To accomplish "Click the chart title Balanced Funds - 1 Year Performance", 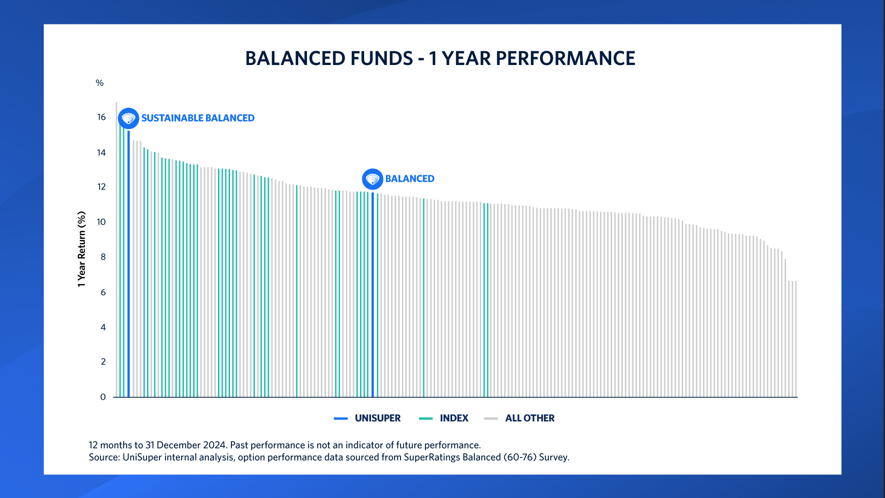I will (440, 59).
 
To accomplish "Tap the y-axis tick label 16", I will (101, 117).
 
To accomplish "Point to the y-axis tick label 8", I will (103, 257).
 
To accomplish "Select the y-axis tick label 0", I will (103, 397).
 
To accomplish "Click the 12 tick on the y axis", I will (101, 187).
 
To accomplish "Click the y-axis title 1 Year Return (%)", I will (82, 249).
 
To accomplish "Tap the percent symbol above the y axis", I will (100, 83).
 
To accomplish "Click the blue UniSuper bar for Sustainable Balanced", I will (129, 263).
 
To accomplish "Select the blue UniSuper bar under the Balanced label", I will (372, 295).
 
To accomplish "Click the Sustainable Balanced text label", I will (198, 118).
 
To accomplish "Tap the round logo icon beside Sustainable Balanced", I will (129, 119).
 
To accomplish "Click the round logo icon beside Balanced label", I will (372, 179).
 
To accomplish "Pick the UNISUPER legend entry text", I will (378, 418).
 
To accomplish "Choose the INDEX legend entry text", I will (454, 418).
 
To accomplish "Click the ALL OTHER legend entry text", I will (530, 418).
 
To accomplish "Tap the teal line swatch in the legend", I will (425, 419).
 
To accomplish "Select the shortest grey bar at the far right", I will (796, 339).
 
